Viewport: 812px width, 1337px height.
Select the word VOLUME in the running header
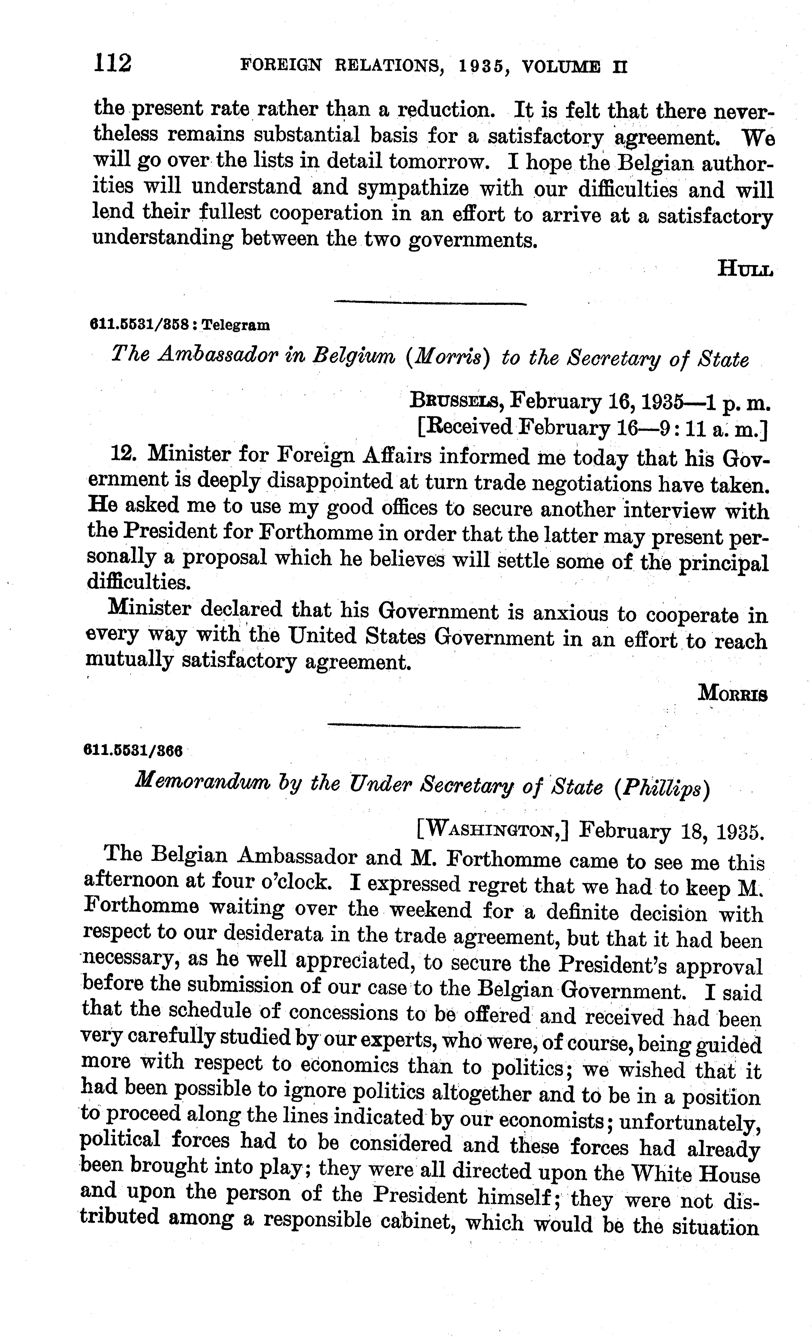click(x=561, y=67)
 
